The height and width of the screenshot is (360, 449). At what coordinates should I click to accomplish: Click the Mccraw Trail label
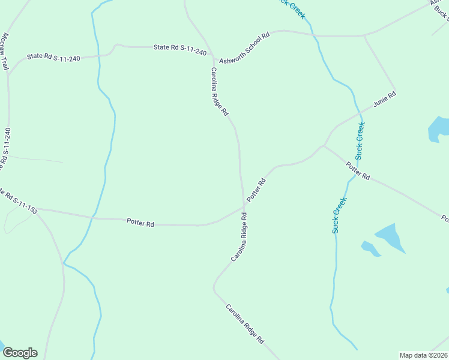tap(7, 52)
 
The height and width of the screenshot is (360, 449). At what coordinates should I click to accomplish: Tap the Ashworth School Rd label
tap(245, 48)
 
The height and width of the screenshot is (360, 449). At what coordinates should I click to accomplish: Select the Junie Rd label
tap(385, 99)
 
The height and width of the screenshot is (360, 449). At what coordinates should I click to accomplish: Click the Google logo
tap(19, 352)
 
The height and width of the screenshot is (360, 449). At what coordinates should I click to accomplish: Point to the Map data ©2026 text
tap(424, 355)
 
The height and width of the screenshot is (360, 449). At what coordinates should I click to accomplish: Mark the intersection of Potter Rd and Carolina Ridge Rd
tap(244, 206)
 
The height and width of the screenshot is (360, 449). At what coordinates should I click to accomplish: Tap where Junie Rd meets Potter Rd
tap(324, 145)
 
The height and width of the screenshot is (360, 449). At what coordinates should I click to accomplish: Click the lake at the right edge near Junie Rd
tap(439, 129)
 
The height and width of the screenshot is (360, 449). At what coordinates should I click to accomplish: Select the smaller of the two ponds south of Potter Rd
tap(370, 248)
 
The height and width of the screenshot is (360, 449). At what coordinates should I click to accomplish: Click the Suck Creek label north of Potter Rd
tap(360, 140)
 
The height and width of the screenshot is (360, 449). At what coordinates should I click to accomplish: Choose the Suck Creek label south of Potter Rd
tap(340, 215)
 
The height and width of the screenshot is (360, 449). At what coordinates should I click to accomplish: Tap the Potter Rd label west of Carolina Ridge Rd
tap(140, 223)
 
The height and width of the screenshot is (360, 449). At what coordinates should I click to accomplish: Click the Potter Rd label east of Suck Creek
tap(358, 171)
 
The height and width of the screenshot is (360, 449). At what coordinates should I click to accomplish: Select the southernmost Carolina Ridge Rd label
tap(245, 323)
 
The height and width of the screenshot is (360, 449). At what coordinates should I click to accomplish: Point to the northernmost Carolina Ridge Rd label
tap(219, 91)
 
